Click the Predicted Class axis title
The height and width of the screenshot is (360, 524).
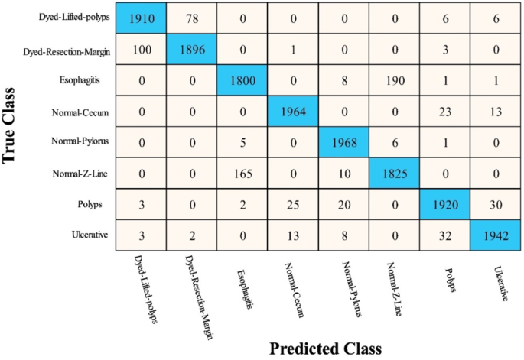point(325,348)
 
